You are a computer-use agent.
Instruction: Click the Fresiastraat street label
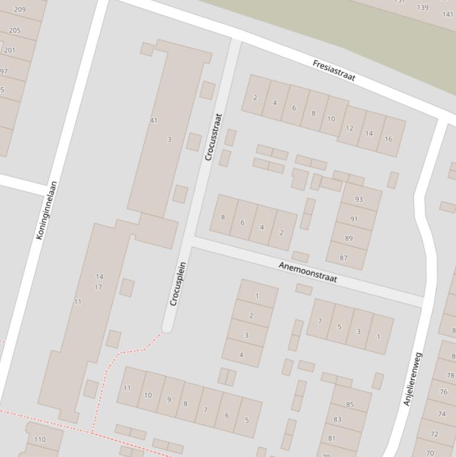click(333, 71)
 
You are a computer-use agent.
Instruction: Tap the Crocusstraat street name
click(213, 137)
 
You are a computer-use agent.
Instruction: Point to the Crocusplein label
click(178, 284)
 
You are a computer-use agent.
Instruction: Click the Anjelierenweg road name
click(413, 379)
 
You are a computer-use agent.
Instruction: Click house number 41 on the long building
click(154, 120)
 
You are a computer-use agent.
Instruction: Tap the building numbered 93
click(359, 199)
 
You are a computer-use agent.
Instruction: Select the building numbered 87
click(344, 258)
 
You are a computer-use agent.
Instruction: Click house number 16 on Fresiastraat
click(388, 139)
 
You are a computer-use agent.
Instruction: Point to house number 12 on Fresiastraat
click(349, 128)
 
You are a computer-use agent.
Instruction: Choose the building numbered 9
click(168, 399)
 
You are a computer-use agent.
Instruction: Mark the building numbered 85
click(350, 405)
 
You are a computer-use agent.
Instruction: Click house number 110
click(40, 440)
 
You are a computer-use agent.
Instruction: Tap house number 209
click(20, 9)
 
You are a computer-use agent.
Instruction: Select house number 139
click(422, 8)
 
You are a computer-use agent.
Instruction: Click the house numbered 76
click(443, 392)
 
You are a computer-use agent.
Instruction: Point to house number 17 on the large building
click(98, 287)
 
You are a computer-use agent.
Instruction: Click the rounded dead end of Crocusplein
click(167, 327)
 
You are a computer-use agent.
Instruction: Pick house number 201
click(9, 50)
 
